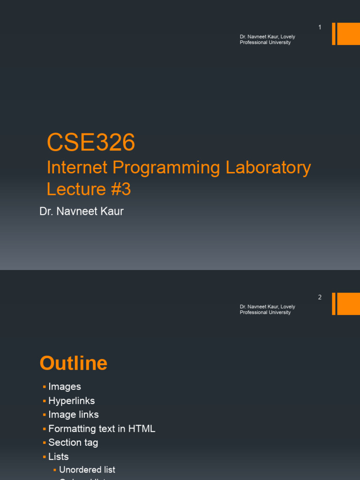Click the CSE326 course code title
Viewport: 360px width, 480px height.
coord(91,142)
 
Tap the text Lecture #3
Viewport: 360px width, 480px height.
coord(89,189)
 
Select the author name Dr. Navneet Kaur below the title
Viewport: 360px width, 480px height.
coord(82,211)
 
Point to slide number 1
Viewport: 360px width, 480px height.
coord(320,28)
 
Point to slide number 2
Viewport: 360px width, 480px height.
coord(320,297)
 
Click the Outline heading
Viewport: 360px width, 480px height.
coord(74,363)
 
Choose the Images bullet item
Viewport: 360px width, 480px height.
coord(65,387)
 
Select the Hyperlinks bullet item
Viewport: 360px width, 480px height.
coord(72,401)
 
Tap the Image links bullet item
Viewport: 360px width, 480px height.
coord(74,415)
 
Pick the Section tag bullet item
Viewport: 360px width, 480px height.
coord(73,442)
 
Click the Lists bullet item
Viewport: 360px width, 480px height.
coord(59,457)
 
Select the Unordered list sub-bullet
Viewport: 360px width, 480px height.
coord(87,470)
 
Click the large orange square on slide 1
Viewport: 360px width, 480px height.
coord(348,34)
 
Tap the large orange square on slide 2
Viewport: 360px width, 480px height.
coord(348,304)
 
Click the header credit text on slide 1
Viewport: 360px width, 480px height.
coord(267,39)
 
